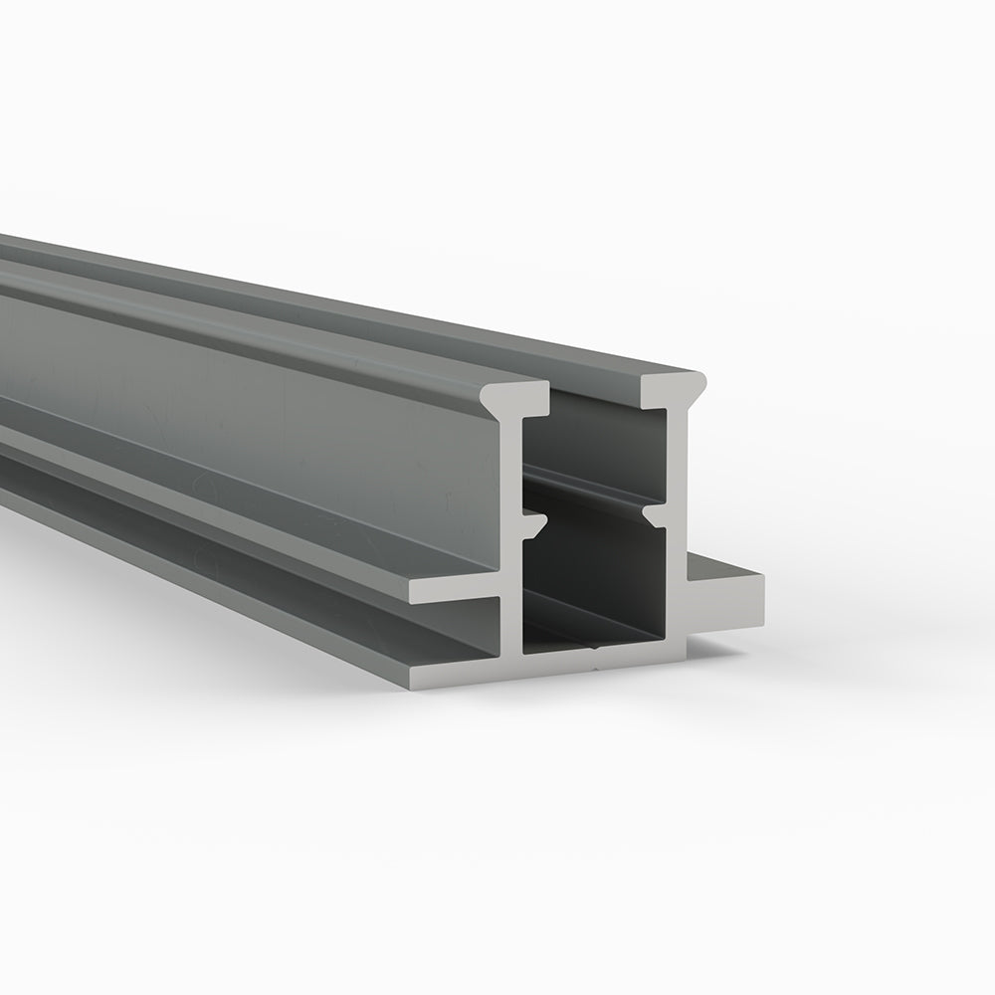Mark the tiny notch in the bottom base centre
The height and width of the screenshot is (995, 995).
coord(595,644)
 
